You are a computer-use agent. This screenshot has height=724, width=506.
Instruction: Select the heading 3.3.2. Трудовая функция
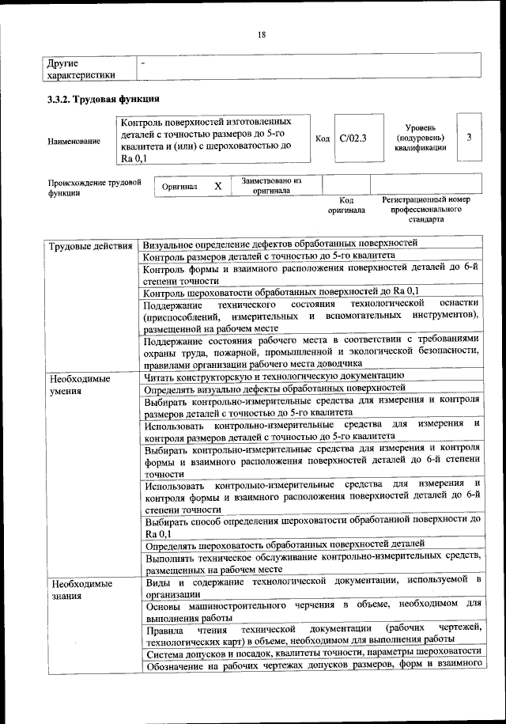pos(104,100)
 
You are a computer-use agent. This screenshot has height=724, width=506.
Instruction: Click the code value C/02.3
pos(353,138)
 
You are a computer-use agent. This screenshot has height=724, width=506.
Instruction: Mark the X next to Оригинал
pos(217,187)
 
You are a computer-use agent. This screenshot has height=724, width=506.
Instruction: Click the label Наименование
pos(74,141)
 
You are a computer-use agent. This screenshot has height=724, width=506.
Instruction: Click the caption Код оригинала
pos(346,206)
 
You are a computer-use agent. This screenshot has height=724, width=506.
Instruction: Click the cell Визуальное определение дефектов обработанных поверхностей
pos(281,244)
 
